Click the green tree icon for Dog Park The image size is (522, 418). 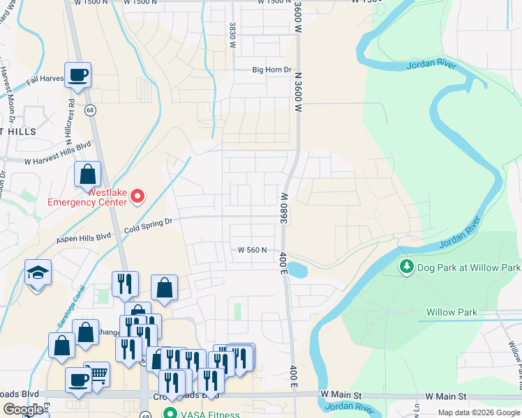(x=406, y=267)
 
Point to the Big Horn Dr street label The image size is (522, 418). (x=271, y=70)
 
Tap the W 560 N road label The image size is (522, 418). (x=252, y=249)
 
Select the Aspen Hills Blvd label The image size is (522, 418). (x=84, y=238)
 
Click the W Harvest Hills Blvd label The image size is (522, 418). (x=58, y=153)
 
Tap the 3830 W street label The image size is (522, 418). (x=231, y=34)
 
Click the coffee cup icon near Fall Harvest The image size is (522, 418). (x=77, y=74)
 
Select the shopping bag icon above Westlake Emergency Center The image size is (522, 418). (x=87, y=173)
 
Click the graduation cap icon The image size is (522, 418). (x=38, y=272)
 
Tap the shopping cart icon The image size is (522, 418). (x=97, y=373)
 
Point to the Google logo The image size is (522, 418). (x=23, y=410)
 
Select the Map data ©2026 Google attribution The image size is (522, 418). (x=479, y=412)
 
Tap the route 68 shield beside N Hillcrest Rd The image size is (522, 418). (x=90, y=110)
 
